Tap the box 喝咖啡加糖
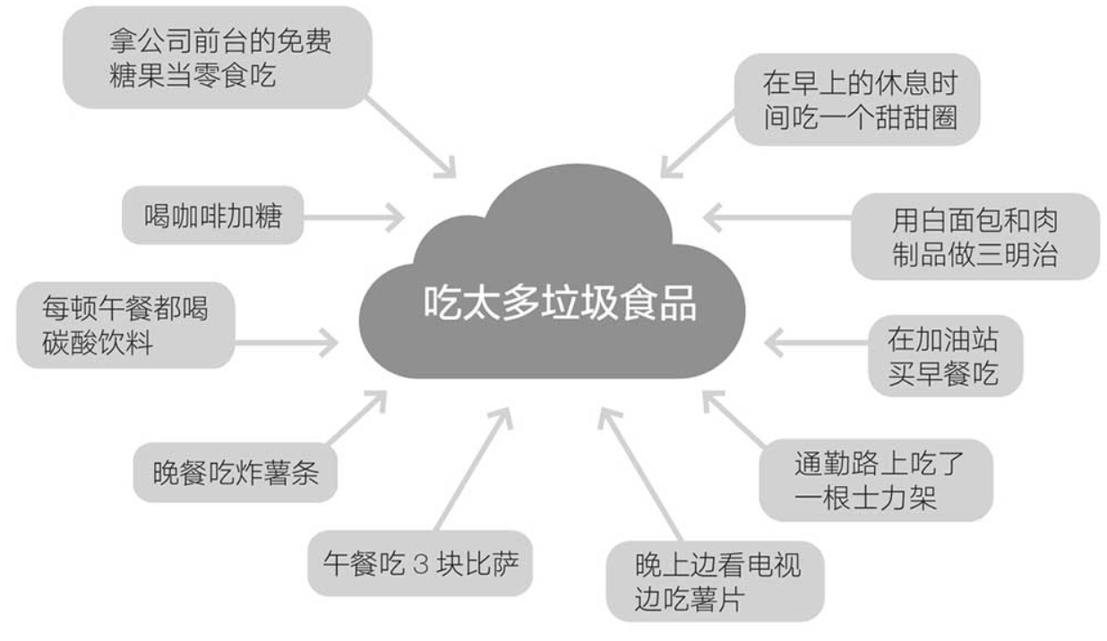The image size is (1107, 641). (x=212, y=215)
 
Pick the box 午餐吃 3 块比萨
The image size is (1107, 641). (x=420, y=564)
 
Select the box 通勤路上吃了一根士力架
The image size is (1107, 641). (x=875, y=479)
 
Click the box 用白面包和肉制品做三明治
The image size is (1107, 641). (x=974, y=236)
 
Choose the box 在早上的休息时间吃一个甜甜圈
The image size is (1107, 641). (x=857, y=99)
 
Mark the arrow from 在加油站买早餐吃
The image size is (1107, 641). (x=815, y=342)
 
